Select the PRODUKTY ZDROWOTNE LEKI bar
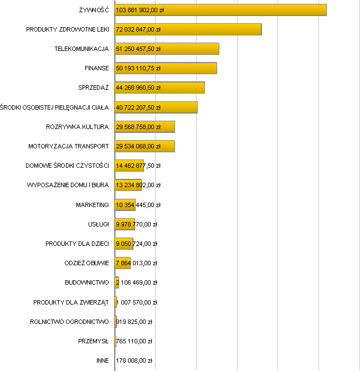click(222, 29)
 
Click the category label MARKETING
click(92, 205)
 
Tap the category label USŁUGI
click(98, 224)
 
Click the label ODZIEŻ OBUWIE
click(86, 263)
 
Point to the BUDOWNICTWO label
click(86, 282)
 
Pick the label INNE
click(102, 360)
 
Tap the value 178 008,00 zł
click(134, 360)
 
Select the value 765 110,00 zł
click(134, 341)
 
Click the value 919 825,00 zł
click(134, 322)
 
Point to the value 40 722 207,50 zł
click(138, 107)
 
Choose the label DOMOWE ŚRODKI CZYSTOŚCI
click(67, 166)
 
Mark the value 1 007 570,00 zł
click(137, 302)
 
